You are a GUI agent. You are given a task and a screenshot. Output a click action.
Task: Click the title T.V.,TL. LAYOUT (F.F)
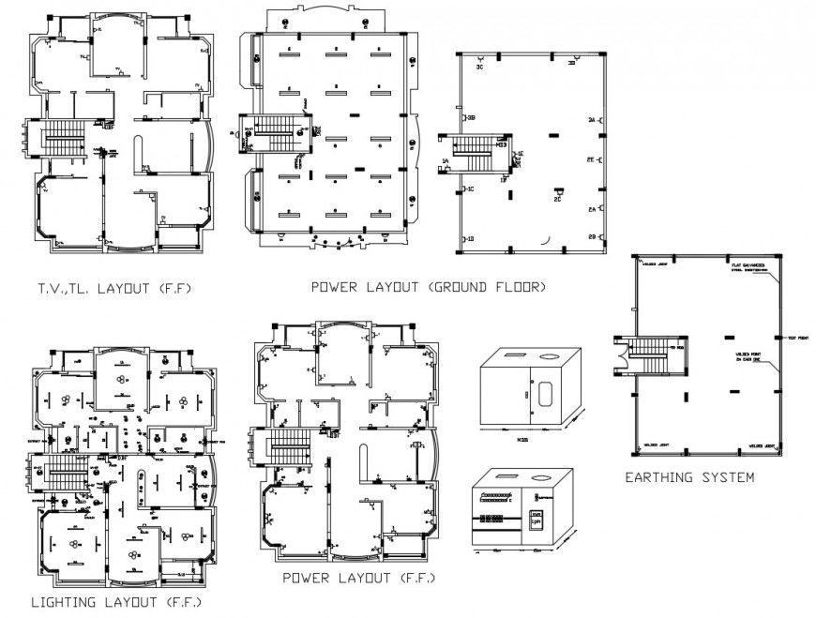[x=116, y=288]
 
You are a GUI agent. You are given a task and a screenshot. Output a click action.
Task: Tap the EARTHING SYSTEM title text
[x=689, y=477]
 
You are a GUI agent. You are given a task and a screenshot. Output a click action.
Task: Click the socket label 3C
[x=478, y=68]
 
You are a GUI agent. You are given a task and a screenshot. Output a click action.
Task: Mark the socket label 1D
[x=470, y=239]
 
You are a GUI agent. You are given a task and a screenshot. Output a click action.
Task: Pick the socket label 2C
[x=557, y=199]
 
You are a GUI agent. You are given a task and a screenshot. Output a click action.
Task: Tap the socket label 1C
[x=470, y=189]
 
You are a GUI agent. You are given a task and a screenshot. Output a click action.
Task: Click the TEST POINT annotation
[x=797, y=338]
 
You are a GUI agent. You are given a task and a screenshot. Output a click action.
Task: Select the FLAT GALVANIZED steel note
[x=750, y=269]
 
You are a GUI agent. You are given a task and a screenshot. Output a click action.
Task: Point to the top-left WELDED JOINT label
[x=655, y=264]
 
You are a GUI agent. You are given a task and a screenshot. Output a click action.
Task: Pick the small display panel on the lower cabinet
[x=537, y=520]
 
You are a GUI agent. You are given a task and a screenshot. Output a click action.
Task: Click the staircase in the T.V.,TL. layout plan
[x=64, y=139]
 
